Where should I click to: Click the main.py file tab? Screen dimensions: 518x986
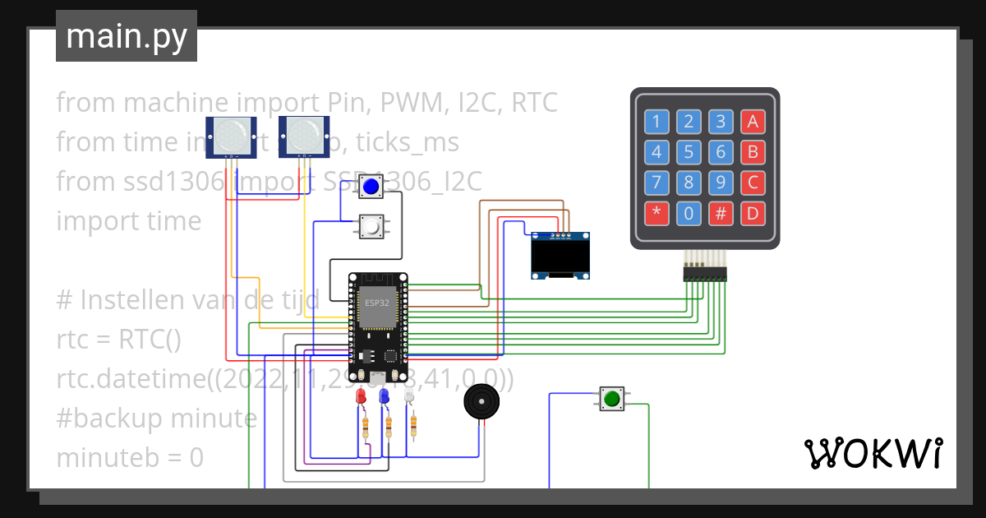127,36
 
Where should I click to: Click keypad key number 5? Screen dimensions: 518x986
689,153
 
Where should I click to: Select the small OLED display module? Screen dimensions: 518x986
560,256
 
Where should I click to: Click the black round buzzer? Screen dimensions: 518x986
481,403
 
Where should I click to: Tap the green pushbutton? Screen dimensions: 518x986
611,400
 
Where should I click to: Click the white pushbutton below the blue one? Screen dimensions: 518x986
371,226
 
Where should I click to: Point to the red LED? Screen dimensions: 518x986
360,397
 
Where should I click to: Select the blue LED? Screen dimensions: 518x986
384,397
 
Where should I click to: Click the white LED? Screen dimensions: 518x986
409,397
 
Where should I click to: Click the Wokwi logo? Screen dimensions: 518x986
873,453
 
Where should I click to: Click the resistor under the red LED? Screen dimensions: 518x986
365,426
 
